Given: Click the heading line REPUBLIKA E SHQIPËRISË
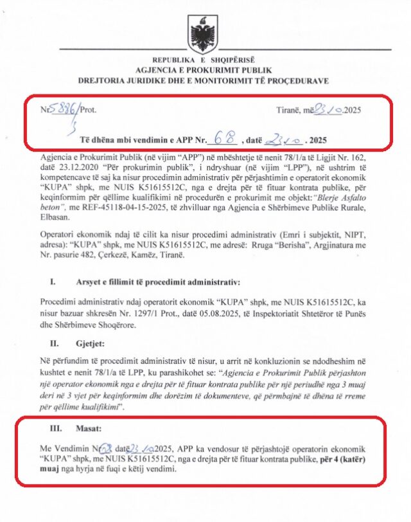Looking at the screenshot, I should click(205, 60).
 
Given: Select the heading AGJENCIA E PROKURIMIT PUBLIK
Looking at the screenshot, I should click(205, 69).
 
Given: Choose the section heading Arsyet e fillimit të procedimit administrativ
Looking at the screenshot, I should click(149, 282).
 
